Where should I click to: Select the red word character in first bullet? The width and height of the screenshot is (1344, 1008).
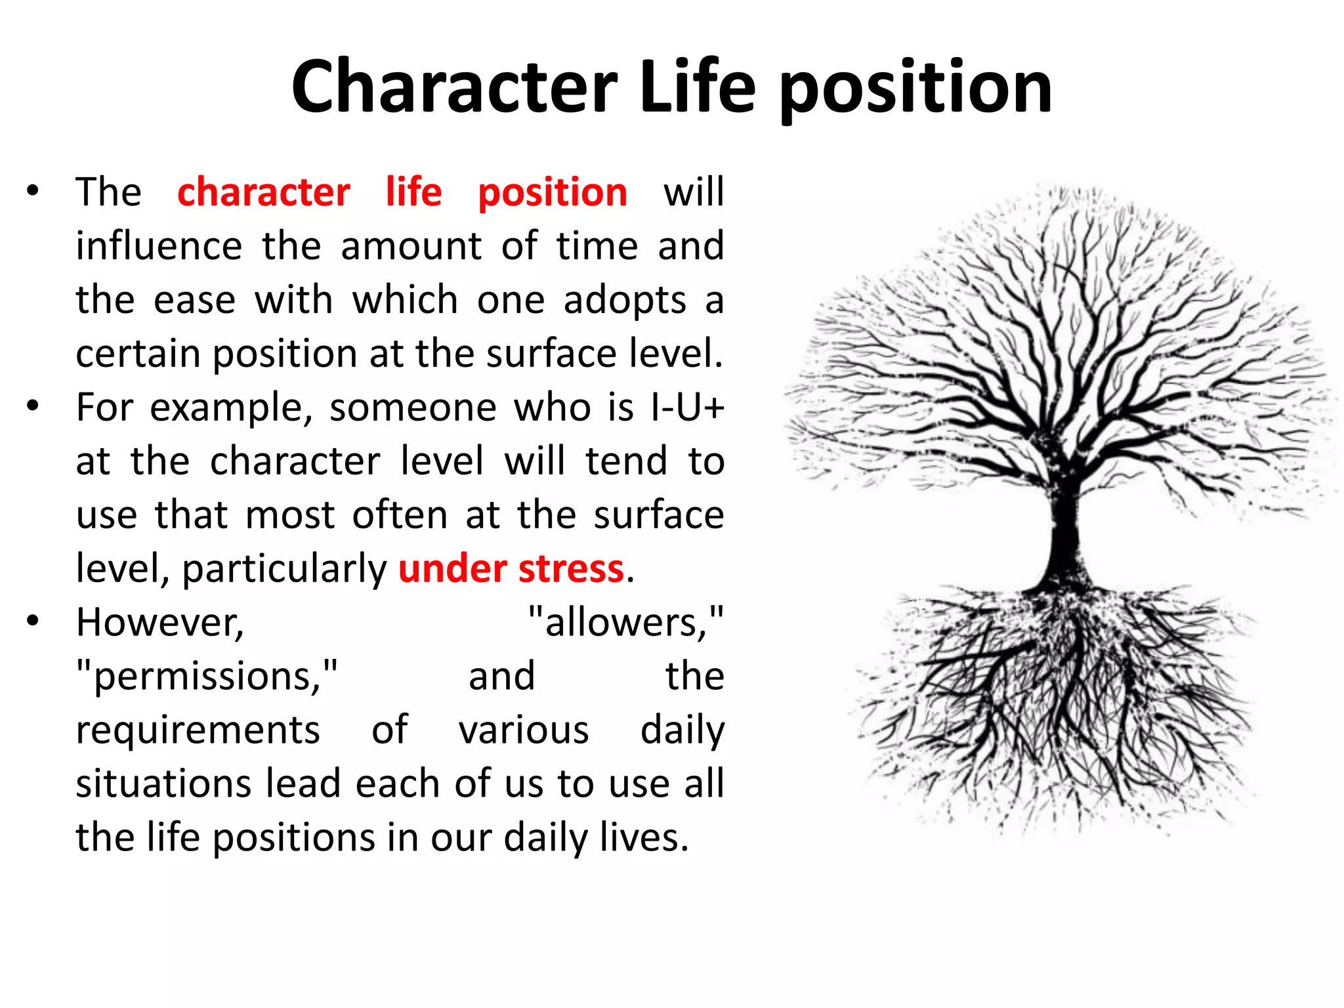263,192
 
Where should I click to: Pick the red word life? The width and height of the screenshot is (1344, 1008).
413,192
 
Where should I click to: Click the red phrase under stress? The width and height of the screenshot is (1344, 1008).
511,568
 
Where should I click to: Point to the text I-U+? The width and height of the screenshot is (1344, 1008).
687,408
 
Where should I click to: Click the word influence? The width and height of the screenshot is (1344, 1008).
159,246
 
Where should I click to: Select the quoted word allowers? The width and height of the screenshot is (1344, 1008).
625,622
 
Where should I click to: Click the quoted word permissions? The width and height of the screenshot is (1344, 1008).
207,676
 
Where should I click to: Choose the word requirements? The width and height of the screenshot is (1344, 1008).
198,730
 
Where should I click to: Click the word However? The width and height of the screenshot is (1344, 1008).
159,622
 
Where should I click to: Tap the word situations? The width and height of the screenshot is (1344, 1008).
163,784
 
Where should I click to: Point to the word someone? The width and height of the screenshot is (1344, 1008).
413,408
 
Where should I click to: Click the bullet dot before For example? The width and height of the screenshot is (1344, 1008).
33,406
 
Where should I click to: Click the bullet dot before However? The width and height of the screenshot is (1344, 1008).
33,620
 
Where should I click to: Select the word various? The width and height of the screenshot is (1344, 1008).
524,730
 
